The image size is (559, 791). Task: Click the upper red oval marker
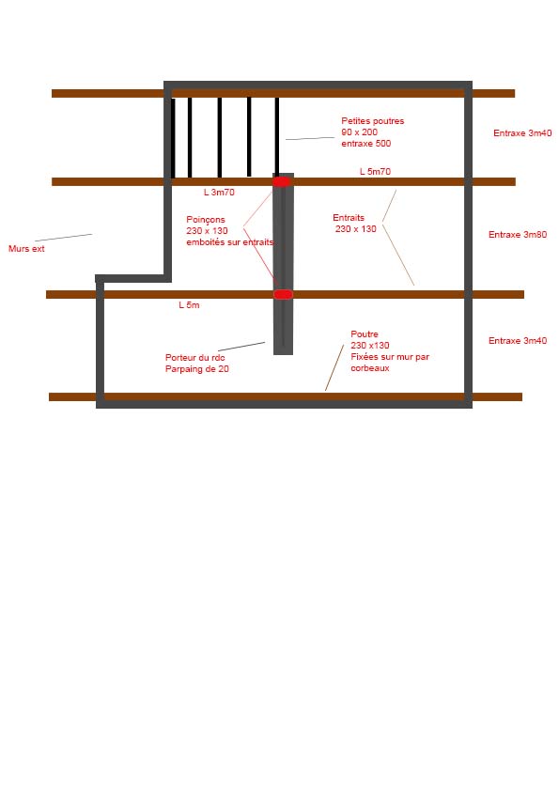coord(282,181)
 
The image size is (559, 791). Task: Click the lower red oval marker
coord(283,294)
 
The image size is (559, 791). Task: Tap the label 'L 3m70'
coord(219,193)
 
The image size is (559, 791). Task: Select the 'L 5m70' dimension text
coord(375,172)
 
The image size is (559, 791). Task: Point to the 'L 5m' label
coord(189,305)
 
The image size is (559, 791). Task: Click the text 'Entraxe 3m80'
coord(518,235)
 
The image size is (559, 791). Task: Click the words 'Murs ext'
coord(26,249)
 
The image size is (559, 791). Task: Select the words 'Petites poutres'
coord(372,121)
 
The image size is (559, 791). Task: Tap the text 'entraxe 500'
coord(365,144)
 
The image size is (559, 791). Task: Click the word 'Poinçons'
coord(206,220)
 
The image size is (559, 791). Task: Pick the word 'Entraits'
coord(349,218)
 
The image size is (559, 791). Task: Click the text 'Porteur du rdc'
coord(194,358)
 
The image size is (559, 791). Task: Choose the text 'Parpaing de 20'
coord(196,369)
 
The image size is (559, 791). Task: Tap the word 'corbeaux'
coord(370,368)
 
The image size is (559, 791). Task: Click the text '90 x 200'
coord(359,132)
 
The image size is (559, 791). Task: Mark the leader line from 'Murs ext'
coord(64,238)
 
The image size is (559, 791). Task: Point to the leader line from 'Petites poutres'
coord(310,138)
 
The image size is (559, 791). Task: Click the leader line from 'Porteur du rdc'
coord(241,347)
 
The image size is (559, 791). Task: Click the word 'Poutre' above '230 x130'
coord(365,334)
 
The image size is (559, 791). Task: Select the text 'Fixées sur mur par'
coord(390,357)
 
